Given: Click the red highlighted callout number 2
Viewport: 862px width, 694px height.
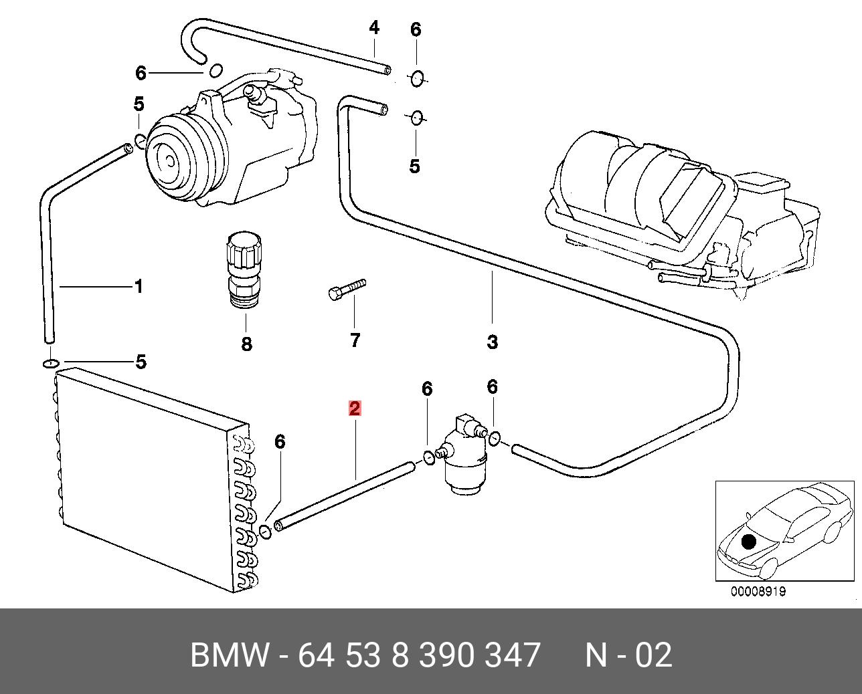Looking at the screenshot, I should pyautogui.click(x=355, y=408).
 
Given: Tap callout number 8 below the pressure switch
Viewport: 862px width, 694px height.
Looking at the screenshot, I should pyautogui.click(x=246, y=344).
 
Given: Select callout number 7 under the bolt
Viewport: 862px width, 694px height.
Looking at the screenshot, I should pyautogui.click(x=355, y=340).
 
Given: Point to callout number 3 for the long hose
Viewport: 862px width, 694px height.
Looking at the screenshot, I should pyautogui.click(x=492, y=342).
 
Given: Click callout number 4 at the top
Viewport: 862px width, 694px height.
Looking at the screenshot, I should pyautogui.click(x=374, y=28).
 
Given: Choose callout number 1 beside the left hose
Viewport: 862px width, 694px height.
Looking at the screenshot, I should pyautogui.click(x=139, y=287).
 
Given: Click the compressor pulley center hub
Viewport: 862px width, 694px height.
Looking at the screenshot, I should pyautogui.click(x=169, y=160).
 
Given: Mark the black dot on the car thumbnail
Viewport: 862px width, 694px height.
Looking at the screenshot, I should pyautogui.click(x=748, y=542).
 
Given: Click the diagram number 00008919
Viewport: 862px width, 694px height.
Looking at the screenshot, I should pyautogui.click(x=758, y=591).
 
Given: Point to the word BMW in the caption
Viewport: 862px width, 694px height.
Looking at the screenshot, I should pyautogui.click(x=230, y=655).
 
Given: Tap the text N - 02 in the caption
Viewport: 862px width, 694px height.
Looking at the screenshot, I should pyautogui.click(x=628, y=655).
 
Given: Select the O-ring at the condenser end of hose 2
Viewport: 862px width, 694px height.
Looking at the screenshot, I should pyautogui.click(x=265, y=531).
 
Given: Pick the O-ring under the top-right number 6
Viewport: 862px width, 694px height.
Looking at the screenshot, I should pyautogui.click(x=416, y=78).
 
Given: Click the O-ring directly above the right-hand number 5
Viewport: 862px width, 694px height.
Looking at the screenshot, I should pyautogui.click(x=416, y=118).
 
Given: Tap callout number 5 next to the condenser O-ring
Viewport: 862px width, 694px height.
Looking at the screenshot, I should pyautogui.click(x=141, y=362).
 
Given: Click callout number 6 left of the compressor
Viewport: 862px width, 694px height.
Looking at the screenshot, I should pyautogui.click(x=141, y=72).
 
